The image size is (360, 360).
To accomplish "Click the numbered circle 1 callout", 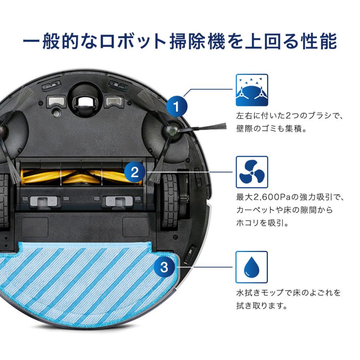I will (176, 107).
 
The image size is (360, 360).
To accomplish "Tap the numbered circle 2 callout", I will (135, 173).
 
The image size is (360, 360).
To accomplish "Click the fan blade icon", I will (252, 172).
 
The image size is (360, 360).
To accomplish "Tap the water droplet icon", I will (252, 267).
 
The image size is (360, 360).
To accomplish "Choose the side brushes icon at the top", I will (252, 90).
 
